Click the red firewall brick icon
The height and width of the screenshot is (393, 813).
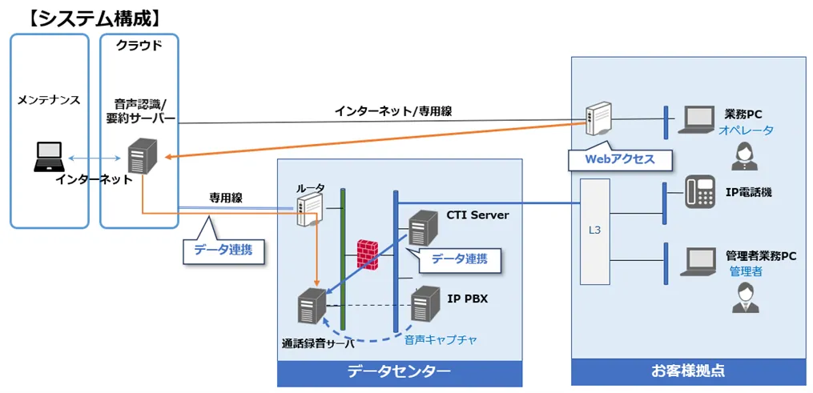pos(368,252)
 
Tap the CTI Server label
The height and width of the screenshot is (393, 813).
pos(477,215)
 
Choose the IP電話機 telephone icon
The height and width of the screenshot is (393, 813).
pos(699,193)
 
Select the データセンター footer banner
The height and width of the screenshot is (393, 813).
pos(399,371)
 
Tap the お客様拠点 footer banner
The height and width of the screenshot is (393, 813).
pos(688,371)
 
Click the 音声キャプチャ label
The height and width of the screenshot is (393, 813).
pos(441,339)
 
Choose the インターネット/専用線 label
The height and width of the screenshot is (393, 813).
pos(392,111)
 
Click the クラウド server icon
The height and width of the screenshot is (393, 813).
pos(142,155)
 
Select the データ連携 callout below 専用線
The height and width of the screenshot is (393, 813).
pos(223,249)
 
